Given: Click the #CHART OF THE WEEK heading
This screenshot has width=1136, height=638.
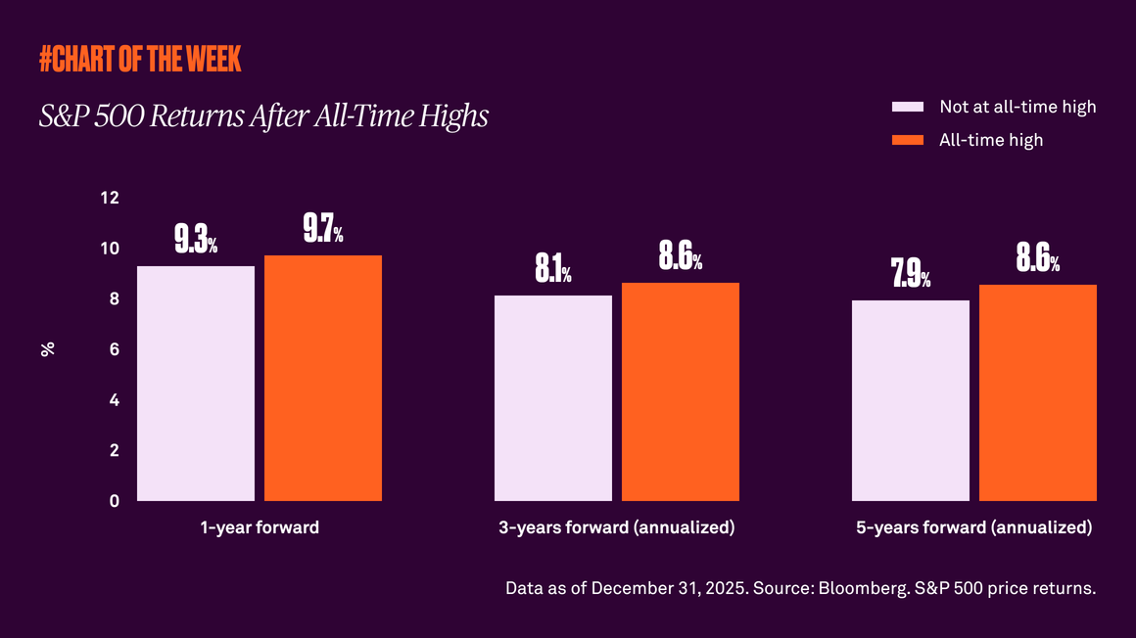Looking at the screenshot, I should pyautogui.click(x=140, y=60).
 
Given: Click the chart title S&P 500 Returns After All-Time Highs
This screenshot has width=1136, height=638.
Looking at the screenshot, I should pyautogui.click(x=263, y=116).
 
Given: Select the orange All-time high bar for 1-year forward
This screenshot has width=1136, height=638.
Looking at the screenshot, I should pyautogui.click(x=322, y=378).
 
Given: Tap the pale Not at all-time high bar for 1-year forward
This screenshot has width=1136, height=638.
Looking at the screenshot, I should pyautogui.click(x=196, y=384).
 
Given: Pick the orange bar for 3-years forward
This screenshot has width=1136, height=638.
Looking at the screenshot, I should pyautogui.click(x=680, y=391).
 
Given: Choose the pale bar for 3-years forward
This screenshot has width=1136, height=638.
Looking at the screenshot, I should pyautogui.click(x=552, y=398).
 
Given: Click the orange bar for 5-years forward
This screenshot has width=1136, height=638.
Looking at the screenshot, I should pyautogui.click(x=1037, y=392).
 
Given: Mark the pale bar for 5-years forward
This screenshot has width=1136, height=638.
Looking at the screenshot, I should pyautogui.click(x=910, y=400).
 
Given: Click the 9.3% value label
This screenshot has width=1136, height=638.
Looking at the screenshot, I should pyautogui.click(x=196, y=240).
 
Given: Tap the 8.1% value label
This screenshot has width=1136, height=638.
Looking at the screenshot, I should pyautogui.click(x=552, y=269).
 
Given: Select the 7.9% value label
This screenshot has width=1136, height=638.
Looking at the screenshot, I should pyautogui.click(x=910, y=274).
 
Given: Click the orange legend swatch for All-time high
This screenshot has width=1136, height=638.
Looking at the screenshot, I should pyautogui.click(x=908, y=140).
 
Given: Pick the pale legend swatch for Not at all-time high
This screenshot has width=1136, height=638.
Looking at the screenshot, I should pyautogui.click(x=908, y=107).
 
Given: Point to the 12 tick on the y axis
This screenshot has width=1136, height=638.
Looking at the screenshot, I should pyautogui.click(x=110, y=198).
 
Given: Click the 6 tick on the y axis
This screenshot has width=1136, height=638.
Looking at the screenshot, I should pyautogui.click(x=114, y=349).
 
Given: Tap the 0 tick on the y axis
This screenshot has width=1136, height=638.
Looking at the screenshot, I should pyautogui.click(x=114, y=501).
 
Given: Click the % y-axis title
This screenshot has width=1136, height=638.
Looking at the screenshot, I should pyautogui.click(x=47, y=349).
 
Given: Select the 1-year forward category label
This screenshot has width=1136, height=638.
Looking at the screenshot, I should pyautogui.click(x=260, y=527).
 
